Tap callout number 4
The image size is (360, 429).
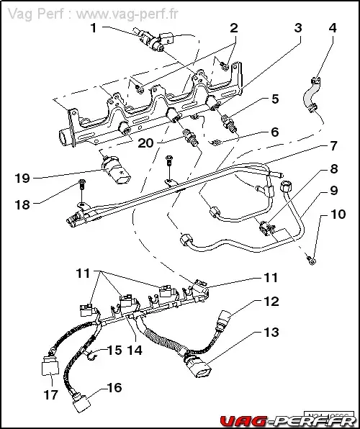coord(332,28)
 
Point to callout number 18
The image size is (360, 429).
coord(22,204)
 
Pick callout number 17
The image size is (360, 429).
coord(50,395)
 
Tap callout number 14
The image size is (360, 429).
coord(134,351)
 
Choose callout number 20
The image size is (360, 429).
coord(146,143)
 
